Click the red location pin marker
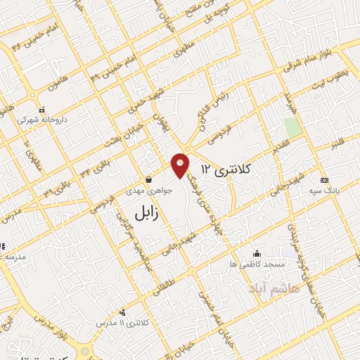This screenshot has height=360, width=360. (181, 165)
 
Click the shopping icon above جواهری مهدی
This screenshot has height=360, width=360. (148, 179)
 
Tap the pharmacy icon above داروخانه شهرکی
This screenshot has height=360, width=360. (42, 110)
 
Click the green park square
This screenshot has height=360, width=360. (292, 127)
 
